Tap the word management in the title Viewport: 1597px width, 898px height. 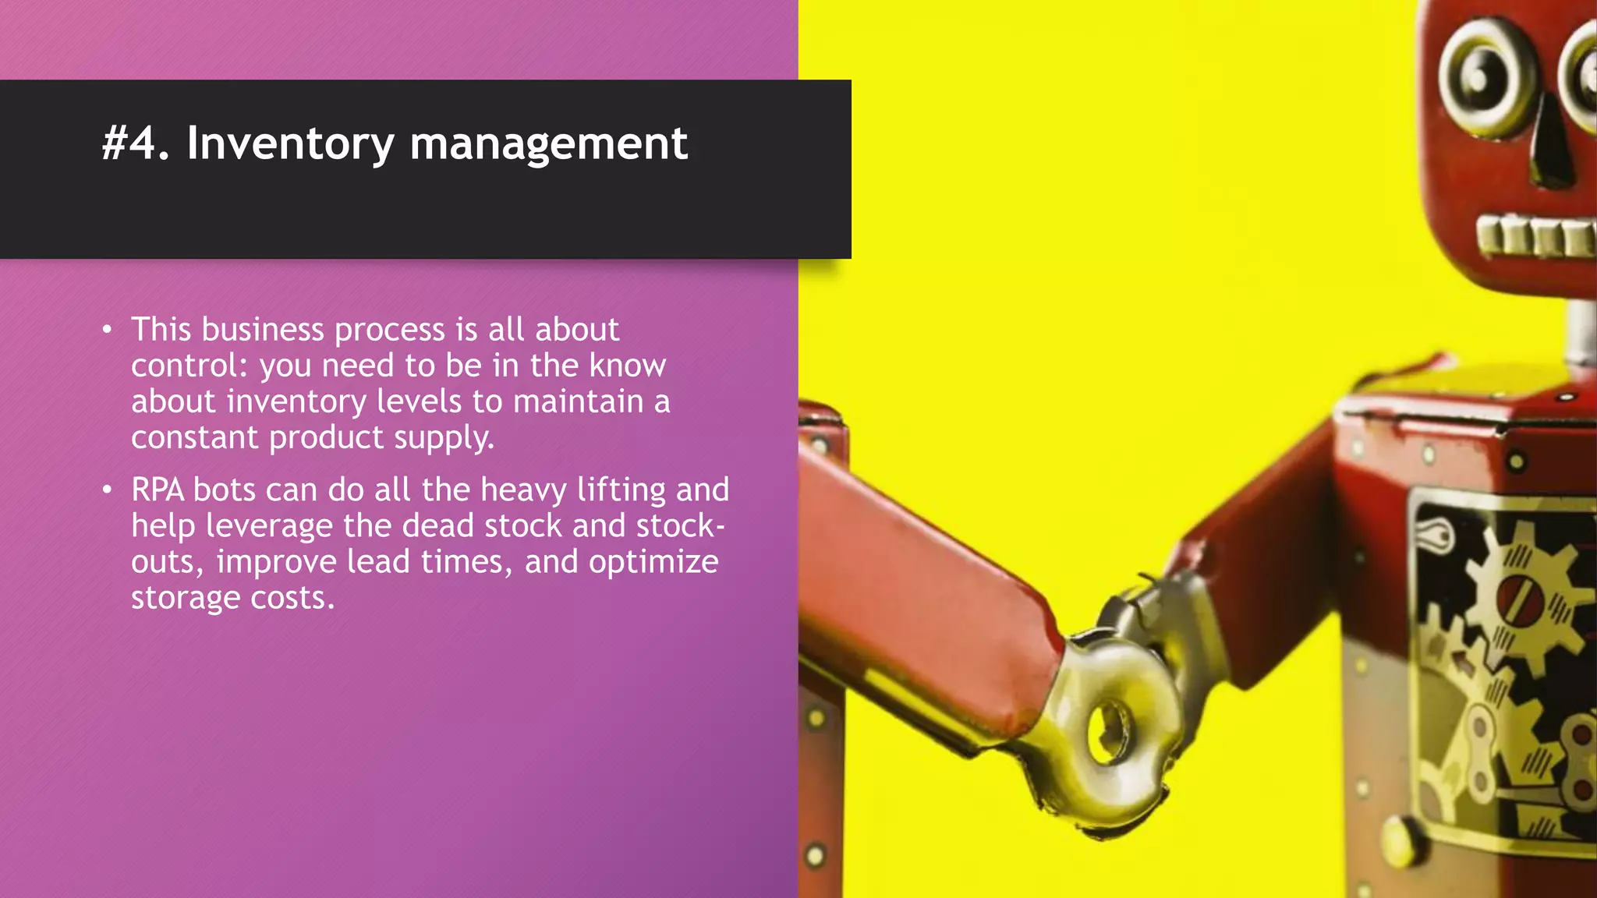[548, 144]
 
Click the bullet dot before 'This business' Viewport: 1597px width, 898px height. [108, 330]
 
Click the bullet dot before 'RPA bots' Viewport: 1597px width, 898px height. [108, 490]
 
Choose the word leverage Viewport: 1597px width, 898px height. [269, 526]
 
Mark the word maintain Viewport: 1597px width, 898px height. [578, 401]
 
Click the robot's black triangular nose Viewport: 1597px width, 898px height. [1552, 148]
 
